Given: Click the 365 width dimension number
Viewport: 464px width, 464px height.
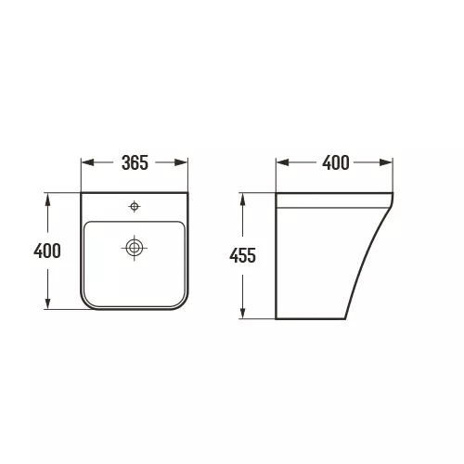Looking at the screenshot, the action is point(135,162).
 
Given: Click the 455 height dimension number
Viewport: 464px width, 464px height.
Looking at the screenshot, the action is point(242,255).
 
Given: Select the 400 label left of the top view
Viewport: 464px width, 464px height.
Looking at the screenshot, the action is point(47,251).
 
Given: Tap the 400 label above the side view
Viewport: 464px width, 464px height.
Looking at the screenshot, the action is point(336,162).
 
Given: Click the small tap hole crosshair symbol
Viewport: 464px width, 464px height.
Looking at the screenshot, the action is point(135,206).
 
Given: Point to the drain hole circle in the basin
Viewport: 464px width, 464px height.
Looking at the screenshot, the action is point(135,248).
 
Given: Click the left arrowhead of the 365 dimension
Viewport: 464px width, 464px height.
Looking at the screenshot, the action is point(87,162).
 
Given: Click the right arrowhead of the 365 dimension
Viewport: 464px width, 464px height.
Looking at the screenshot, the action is point(181,162).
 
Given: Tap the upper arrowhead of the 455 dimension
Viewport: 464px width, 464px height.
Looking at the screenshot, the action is point(243,200).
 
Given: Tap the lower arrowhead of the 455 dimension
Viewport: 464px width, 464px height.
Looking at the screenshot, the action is point(243,313).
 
